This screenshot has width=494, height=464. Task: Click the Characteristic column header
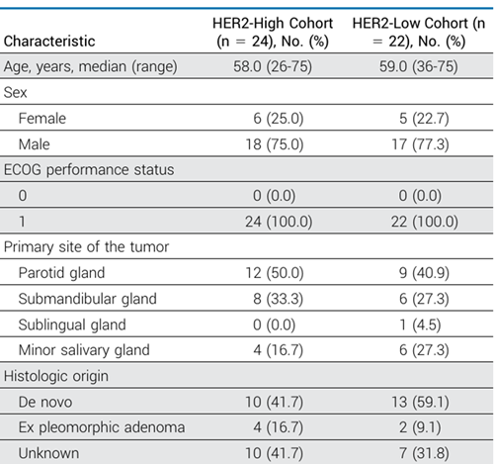coord(49,42)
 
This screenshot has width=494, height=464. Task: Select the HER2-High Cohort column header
coord(273,33)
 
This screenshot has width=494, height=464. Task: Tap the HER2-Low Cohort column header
coord(419,33)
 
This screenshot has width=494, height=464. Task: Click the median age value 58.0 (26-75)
coord(273,66)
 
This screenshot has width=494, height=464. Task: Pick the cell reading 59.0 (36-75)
coord(419,66)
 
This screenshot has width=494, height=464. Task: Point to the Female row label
coord(42,119)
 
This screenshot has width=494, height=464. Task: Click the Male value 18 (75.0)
coord(275,144)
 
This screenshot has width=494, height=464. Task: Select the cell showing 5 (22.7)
coord(424,119)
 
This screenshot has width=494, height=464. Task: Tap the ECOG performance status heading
coord(89,170)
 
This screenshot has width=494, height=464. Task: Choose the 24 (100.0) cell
coord(279,222)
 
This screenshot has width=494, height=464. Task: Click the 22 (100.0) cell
coord(425,222)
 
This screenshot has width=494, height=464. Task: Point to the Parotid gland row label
coord(61,273)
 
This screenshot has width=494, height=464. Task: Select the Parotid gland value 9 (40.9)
coord(424,273)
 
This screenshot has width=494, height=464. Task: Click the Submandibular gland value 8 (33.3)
coord(278,299)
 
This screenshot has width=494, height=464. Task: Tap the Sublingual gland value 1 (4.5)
coord(420,325)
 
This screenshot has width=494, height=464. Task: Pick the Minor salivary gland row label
coord(84,350)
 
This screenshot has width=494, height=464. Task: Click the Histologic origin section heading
coord(56,376)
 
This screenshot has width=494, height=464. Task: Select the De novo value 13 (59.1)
coord(420,402)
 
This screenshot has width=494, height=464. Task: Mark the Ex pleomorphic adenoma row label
coord(102,427)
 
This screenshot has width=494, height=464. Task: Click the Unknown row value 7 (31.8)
coord(424,453)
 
